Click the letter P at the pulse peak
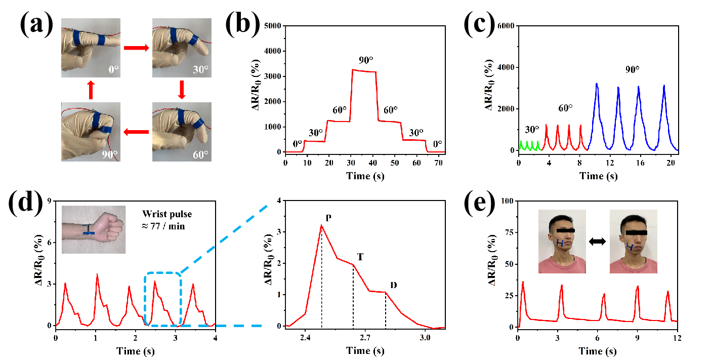(328, 218)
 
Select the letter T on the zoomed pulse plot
(360, 257)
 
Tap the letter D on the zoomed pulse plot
(393, 285)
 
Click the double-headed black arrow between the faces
(598, 243)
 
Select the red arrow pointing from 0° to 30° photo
(136, 48)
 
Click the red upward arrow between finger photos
(91, 90)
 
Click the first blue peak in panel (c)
(597, 84)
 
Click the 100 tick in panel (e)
(508, 201)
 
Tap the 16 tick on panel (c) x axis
(639, 163)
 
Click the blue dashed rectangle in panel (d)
(162, 299)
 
